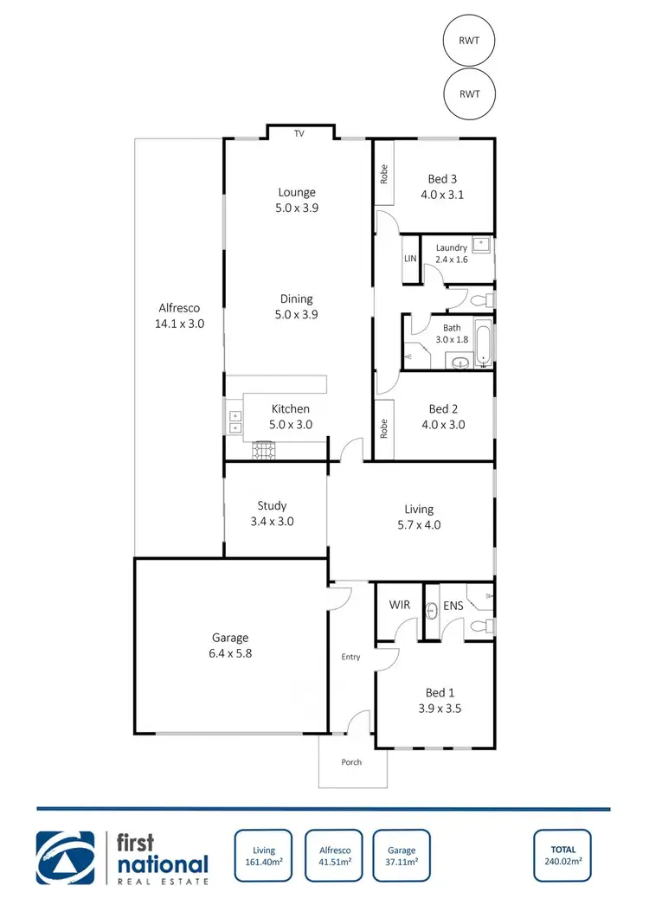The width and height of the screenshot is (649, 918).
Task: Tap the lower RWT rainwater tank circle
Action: pos(469,93)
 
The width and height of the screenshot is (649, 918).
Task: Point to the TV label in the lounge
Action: pos(299,133)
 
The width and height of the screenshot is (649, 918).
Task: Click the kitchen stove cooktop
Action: pos(264,449)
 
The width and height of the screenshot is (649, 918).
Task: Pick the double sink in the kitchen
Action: pos(235,421)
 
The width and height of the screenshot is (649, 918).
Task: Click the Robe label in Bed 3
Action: pos(383,173)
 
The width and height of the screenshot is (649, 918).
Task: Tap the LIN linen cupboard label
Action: pos(410,259)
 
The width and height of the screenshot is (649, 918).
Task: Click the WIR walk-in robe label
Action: pos(399,606)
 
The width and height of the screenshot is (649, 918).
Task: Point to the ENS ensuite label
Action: pos(453,606)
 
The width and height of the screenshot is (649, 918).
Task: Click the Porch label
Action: pos(350,762)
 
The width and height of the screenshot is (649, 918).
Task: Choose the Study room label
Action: pos(272,506)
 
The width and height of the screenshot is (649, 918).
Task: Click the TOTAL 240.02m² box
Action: pos(562,856)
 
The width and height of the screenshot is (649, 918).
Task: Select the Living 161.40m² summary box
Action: pos(265,856)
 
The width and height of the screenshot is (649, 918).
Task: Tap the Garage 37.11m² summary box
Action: pos(402,856)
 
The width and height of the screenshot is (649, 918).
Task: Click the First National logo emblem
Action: pos(66,857)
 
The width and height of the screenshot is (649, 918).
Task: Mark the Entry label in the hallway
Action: pos(350,657)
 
